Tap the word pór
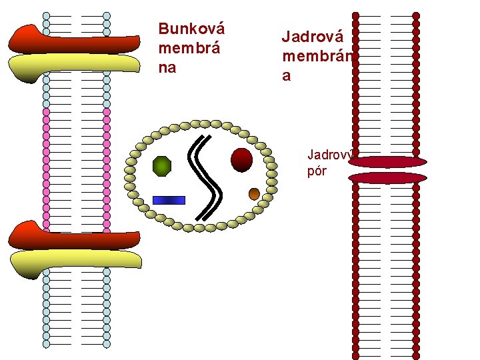tap(317, 171)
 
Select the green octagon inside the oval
tap(162, 165)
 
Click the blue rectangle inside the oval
tap(169, 199)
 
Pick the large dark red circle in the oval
tap(241, 160)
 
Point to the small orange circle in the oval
tap(254, 193)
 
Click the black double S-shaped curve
tap(207, 177)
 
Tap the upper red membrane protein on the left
tap(73, 39)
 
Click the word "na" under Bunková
tap(167, 67)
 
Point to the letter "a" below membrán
tap(287, 76)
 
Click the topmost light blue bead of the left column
tap(46, 15)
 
